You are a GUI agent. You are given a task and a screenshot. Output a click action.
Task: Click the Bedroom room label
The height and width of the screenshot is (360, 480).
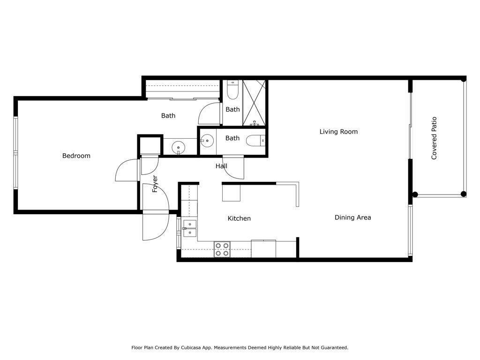[x=76, y=156]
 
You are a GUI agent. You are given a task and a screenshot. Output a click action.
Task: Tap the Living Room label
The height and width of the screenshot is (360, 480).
[x=338, y=132]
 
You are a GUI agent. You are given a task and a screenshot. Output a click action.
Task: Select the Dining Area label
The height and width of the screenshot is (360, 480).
[x=352, y=217]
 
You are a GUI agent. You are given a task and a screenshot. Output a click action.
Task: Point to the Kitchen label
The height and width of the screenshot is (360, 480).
[x=239, y=218]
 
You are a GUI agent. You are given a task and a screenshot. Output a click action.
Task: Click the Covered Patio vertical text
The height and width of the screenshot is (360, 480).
[x=434, y=138]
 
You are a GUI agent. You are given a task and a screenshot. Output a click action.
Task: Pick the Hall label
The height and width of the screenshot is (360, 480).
[x=221, y=166]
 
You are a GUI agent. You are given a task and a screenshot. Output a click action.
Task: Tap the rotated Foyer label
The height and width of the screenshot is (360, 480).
[x=155, y=184]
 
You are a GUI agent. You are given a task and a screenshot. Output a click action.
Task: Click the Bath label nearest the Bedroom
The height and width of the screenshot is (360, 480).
[x=168, y=115]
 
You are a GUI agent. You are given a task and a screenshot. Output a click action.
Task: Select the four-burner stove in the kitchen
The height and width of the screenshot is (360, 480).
[x=222, y=249]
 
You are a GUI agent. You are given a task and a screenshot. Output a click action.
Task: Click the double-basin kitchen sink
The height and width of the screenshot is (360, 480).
[x=190, y=228]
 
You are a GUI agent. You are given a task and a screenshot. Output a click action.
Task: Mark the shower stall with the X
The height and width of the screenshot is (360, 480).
[x=254, y=103]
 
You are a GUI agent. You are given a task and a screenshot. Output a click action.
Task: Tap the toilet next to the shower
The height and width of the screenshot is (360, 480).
[x=232, y=90]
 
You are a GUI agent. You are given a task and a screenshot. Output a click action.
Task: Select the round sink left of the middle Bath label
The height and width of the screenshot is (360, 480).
[x=207, y=140]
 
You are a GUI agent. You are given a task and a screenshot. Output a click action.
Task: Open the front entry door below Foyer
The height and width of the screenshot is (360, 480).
[x=156, y=226]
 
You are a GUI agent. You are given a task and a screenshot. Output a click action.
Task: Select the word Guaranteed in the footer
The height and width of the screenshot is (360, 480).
[x=332, y=348]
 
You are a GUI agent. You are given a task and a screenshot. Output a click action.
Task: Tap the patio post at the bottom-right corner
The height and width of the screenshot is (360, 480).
[x=464, y=194]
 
